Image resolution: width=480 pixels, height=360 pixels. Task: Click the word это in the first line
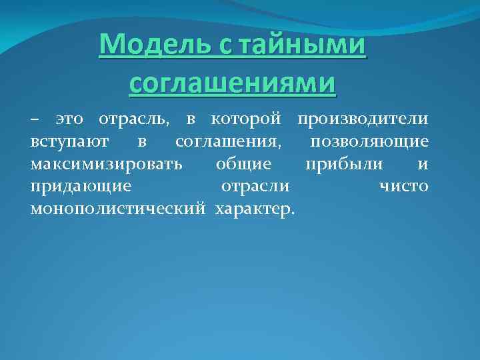pos(69,120)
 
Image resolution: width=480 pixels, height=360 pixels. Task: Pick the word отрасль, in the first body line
pos(134,120)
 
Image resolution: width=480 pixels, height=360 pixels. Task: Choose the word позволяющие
pos(369,142)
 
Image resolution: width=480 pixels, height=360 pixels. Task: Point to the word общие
pos(243,164)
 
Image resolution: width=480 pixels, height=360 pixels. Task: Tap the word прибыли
pos(344,164)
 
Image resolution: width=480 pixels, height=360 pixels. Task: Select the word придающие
pos(80,186)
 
